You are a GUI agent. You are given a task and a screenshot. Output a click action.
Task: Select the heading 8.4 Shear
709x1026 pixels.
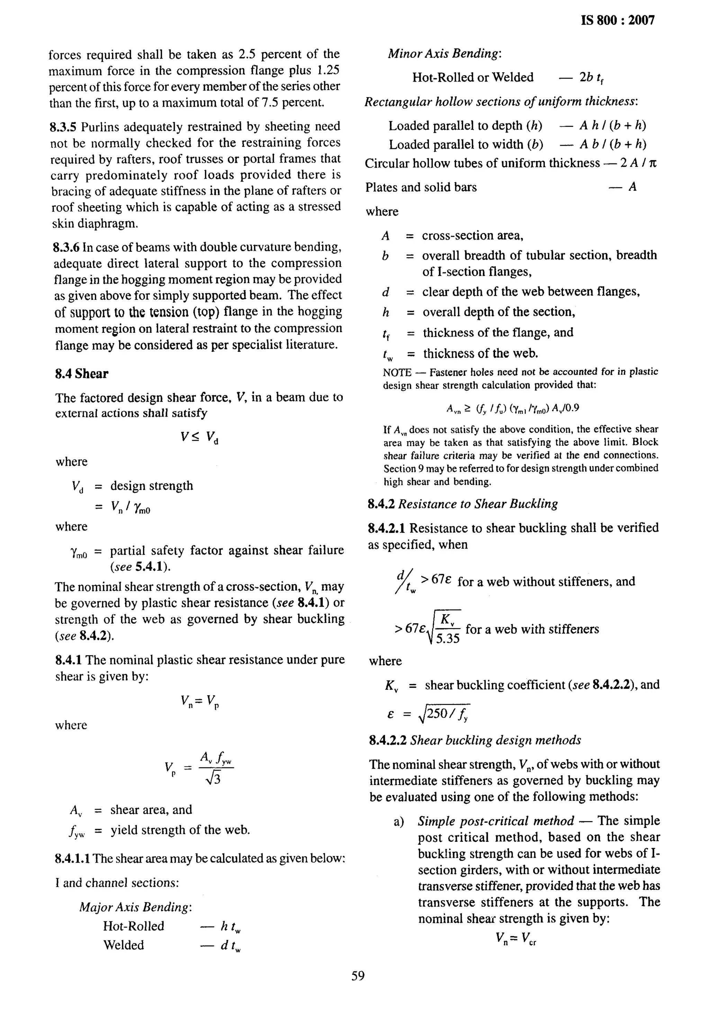pos(82,374)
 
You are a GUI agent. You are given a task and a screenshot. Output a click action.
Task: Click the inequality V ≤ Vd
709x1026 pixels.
pos(199,438)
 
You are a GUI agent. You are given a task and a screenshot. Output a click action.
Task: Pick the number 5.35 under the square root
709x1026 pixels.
pos(448,639)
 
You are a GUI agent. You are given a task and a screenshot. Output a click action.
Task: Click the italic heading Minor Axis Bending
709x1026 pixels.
pos(445,54)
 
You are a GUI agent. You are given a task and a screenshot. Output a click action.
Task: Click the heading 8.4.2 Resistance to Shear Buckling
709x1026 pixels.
pos(463,504)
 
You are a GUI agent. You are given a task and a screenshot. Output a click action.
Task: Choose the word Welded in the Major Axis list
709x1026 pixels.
pos(124,945)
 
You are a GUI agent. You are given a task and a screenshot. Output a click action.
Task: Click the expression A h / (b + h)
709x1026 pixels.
pos(613,126)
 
